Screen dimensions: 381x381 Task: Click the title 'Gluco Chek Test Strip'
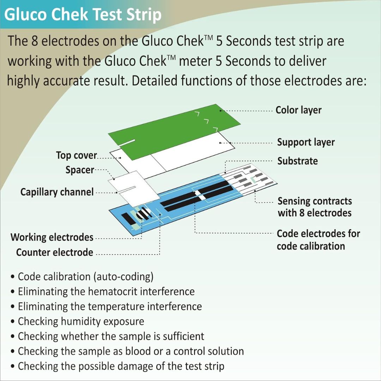[x=83, y=15]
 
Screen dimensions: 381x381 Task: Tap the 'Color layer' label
[x=298, y=110]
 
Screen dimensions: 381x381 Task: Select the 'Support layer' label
[x=306, y=142]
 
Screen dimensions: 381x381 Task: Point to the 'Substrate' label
[x=297, y=161]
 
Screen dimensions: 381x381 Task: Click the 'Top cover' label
[x=76, y=155]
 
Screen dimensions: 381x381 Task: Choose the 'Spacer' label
[x=80, y=170]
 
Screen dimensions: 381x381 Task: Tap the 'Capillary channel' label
[x=57, y=192]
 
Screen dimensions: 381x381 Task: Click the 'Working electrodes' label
[x=52, y=237]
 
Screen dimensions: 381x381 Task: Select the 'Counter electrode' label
[x=55, y=253]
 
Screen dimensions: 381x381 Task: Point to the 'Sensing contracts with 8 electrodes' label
[x=315, y=207]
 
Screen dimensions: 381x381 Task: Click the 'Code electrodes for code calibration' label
[x=318, y=240]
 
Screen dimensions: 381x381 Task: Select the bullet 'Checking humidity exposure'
[x=81, y=321]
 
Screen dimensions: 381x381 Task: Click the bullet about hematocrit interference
[x=106, y=292]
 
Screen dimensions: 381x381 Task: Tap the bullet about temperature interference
[x=110, y=306]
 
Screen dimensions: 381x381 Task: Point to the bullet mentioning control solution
[x=131, y=351]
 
